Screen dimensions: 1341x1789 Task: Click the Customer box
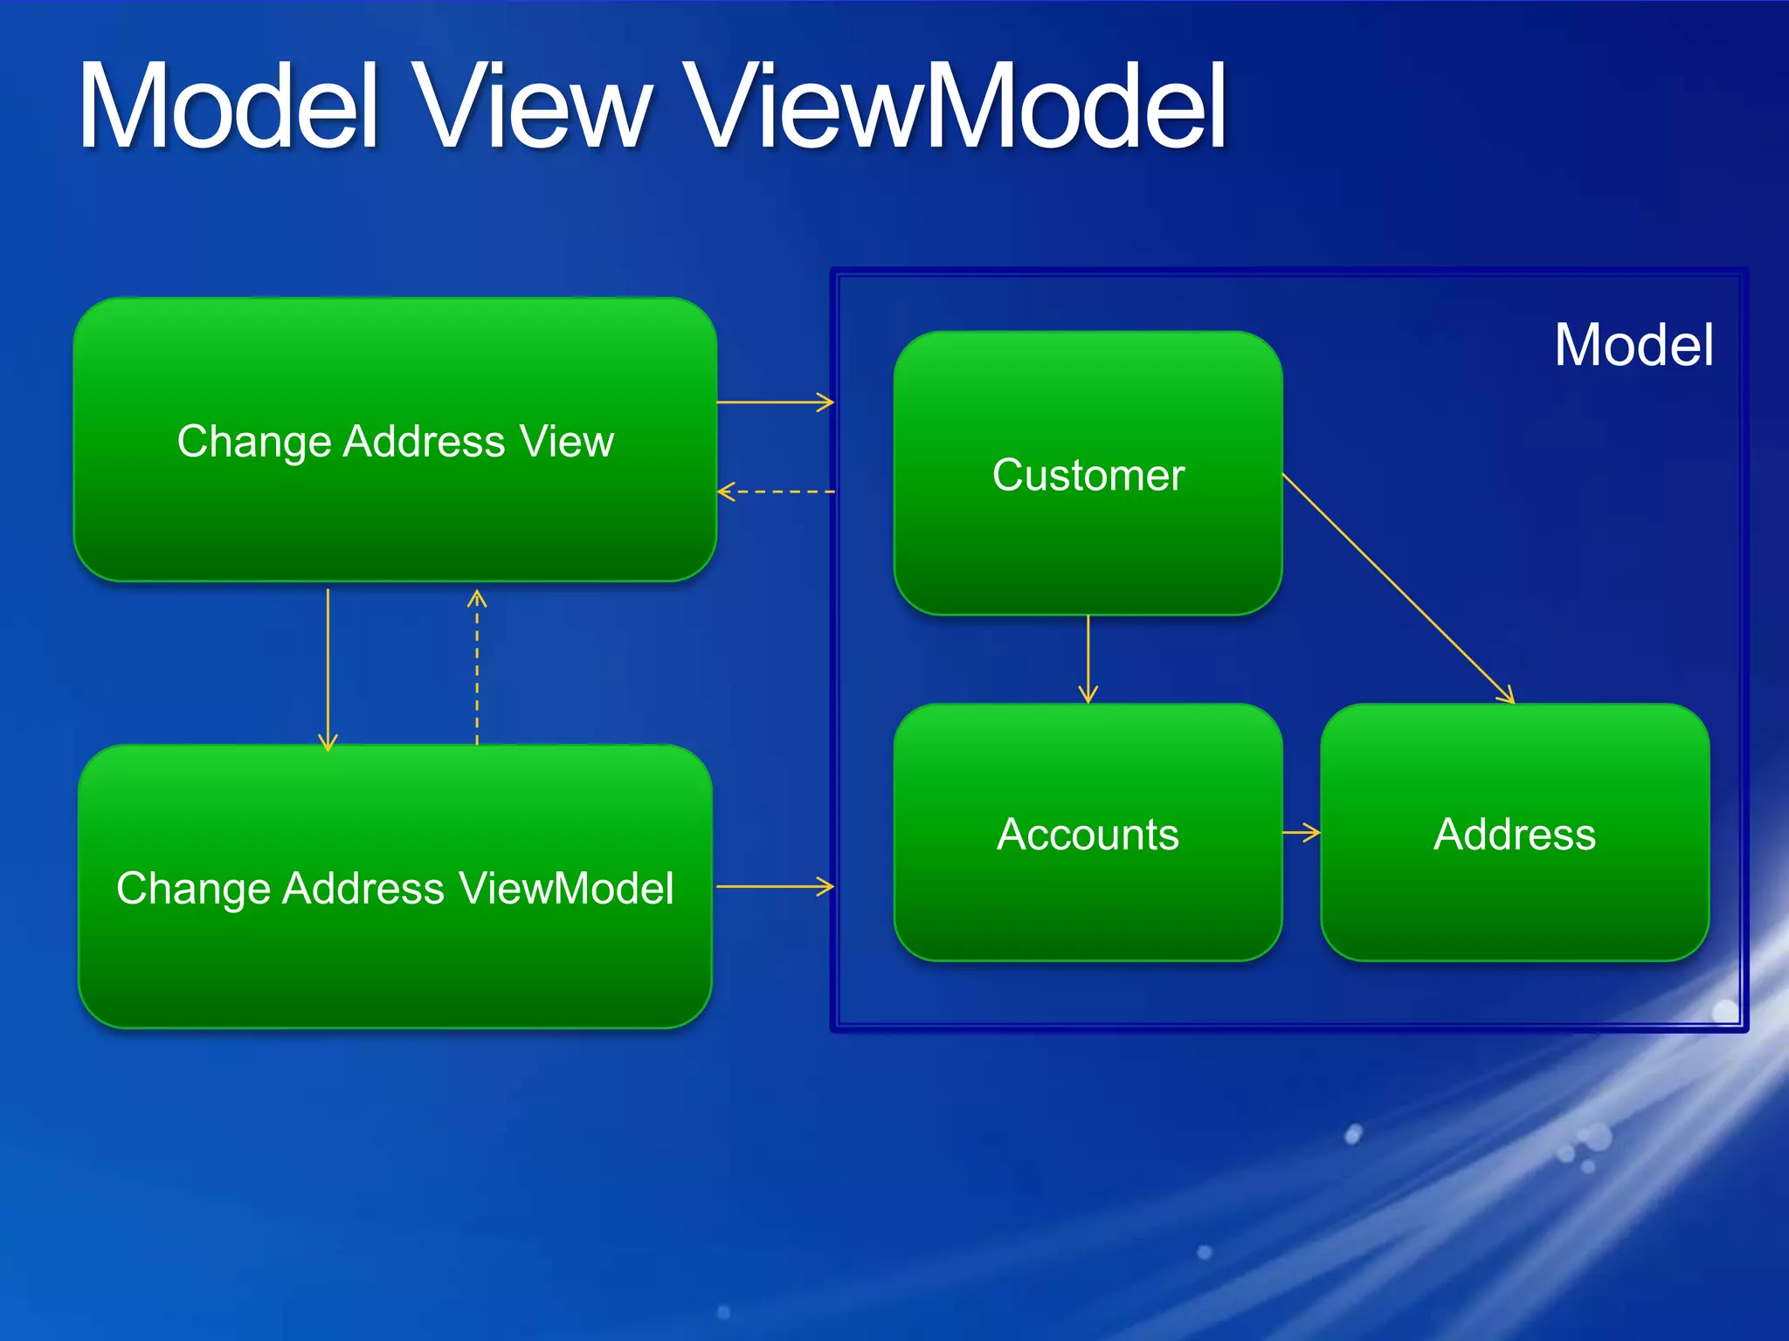[x=1088, y=473]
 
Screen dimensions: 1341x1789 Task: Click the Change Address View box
[x=395, y=439]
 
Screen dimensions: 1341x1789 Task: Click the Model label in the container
[x=1633, y=345]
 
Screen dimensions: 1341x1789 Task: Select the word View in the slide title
[x=533, y=107]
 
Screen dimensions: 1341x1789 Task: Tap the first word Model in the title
[x=229, y=107]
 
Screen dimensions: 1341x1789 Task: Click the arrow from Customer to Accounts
[x=1088, y=659]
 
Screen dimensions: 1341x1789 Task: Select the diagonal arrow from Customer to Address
[x=1398, y=588]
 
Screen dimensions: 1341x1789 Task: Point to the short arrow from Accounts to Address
[x=1302, y=832]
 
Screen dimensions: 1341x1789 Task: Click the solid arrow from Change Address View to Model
[x=775, y=402]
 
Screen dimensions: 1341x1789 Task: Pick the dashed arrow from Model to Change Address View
[x=775, y=492]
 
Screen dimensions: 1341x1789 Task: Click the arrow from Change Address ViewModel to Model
[x=775, y=886]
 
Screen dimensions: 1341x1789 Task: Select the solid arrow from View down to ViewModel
[x=328, y=668]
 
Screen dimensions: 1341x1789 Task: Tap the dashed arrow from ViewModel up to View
[x=477, y=668]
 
